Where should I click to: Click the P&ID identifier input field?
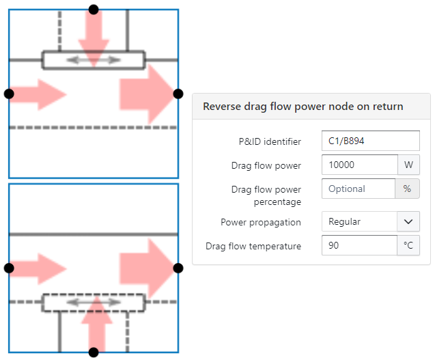coord(370,141)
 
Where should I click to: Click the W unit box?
coord(408,165)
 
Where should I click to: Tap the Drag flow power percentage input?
coord(358,189)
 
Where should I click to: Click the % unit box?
coord(407,189)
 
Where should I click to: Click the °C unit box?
coord(408,245)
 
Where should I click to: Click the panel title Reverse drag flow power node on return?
coord(303,107)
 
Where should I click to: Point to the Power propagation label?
coord(261,222)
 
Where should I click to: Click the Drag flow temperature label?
coord(253,246)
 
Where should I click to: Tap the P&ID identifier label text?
coord(266,142)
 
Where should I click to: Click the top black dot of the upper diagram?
coord(94,10)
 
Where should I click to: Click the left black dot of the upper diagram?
coord(9,94)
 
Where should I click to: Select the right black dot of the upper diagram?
coord(178,94)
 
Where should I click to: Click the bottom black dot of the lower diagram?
coord(94,352)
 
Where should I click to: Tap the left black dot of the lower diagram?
coord(9,268)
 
